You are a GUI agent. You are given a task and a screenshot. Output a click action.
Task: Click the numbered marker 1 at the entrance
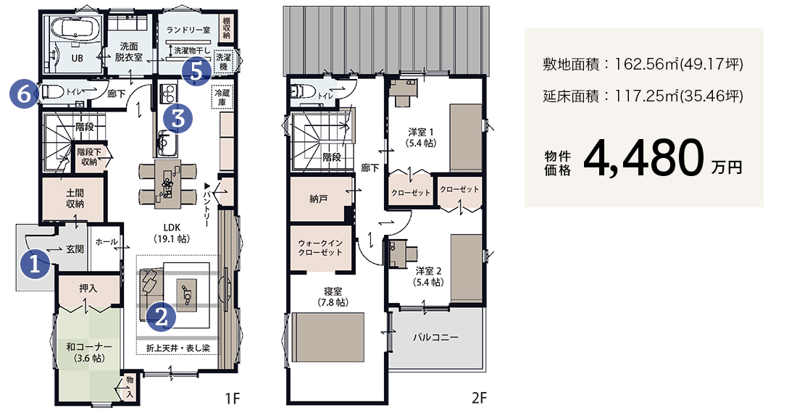click(35, 264)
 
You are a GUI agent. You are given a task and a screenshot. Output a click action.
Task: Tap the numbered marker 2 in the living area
click(161, 317)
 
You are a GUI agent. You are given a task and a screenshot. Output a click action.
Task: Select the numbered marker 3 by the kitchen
click(178, 118)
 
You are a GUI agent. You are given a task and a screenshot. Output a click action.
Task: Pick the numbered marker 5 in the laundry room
click(196, 71)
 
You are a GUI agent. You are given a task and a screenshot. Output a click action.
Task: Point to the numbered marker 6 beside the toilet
click(24, 93)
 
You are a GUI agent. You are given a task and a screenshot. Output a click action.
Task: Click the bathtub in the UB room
click(72, 28)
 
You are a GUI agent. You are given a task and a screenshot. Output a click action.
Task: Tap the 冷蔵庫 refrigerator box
click(222, 98)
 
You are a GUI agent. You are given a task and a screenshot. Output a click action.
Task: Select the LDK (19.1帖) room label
click(172, 233)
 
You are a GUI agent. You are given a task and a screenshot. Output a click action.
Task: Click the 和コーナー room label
click(89, 353)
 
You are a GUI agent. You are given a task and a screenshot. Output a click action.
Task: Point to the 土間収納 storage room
click(75, 199)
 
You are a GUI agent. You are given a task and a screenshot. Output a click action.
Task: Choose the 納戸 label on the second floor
click(319, 199)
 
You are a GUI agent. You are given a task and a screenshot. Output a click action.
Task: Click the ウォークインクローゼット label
click(320, 247)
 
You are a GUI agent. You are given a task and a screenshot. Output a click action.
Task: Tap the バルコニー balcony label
click(435, 337)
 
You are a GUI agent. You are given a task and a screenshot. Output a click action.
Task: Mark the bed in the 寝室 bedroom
click(328, 337)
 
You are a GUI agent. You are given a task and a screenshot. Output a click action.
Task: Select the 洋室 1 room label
click(421, 138)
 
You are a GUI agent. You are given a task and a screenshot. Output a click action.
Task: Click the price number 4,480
click(643, 158)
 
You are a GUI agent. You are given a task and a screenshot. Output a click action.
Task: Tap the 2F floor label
click(479, 398)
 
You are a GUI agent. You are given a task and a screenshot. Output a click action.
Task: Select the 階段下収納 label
click(89, 157)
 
